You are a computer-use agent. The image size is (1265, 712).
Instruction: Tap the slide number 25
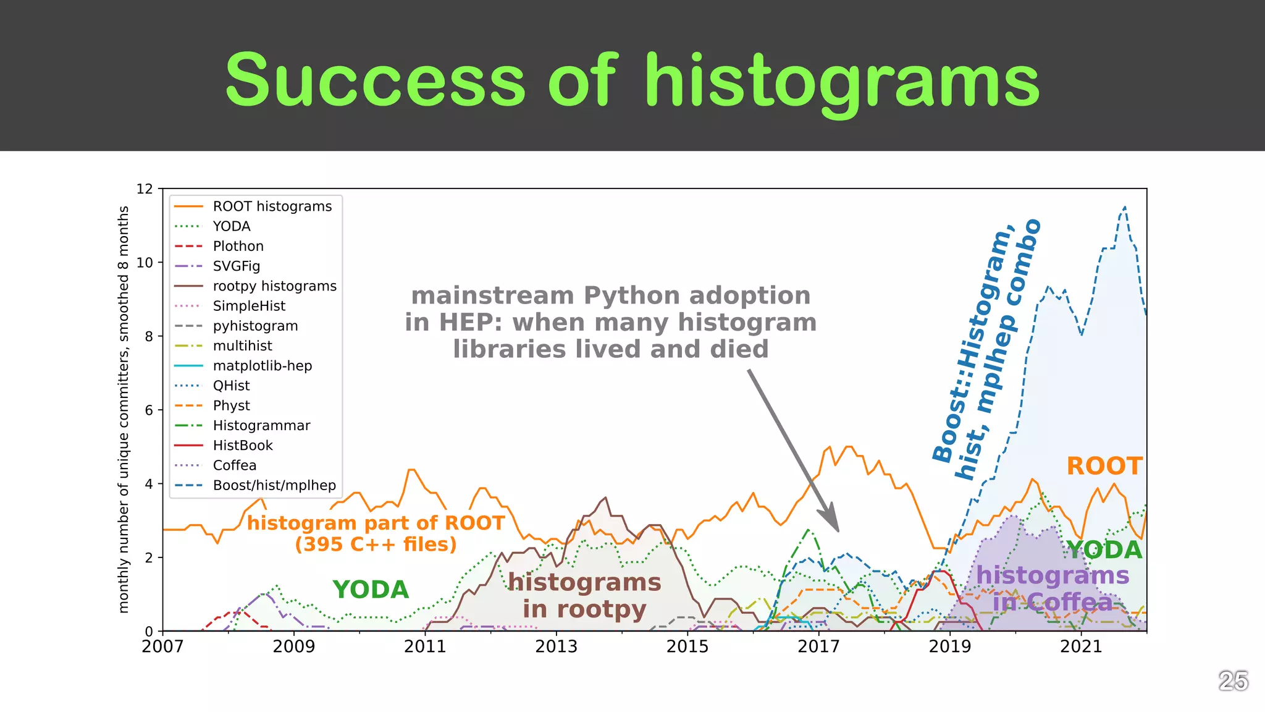click(1233, 681)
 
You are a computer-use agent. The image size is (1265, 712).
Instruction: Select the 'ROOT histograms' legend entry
click(272, 206)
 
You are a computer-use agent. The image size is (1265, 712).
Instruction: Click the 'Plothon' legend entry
click(238, 246)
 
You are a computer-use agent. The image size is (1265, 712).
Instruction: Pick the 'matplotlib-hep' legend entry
click(262, 366)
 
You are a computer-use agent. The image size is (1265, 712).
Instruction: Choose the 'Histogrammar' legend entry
click(261, 425)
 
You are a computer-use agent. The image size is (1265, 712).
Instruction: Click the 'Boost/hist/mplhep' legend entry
click(274, 485)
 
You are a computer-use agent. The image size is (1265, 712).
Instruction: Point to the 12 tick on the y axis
click(145, 189)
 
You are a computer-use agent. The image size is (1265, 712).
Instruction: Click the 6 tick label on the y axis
click(149, 410)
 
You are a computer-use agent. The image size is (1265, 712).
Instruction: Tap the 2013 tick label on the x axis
click(556, 646)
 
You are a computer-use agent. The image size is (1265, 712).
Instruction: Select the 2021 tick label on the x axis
click(1081, 646)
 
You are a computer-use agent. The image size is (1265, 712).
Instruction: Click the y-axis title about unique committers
click(124, 409)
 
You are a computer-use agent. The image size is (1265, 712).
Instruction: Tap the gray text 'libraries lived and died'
click(610, 349)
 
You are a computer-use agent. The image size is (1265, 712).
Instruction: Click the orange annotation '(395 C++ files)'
click(376, 545)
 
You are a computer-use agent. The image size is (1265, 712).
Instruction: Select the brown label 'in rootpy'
click(584, 609)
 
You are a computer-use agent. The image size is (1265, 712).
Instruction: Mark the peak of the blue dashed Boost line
click(1125, 207)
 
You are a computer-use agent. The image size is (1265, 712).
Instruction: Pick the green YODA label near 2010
click(371, 590)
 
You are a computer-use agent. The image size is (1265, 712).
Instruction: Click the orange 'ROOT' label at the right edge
click(1104, 467)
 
